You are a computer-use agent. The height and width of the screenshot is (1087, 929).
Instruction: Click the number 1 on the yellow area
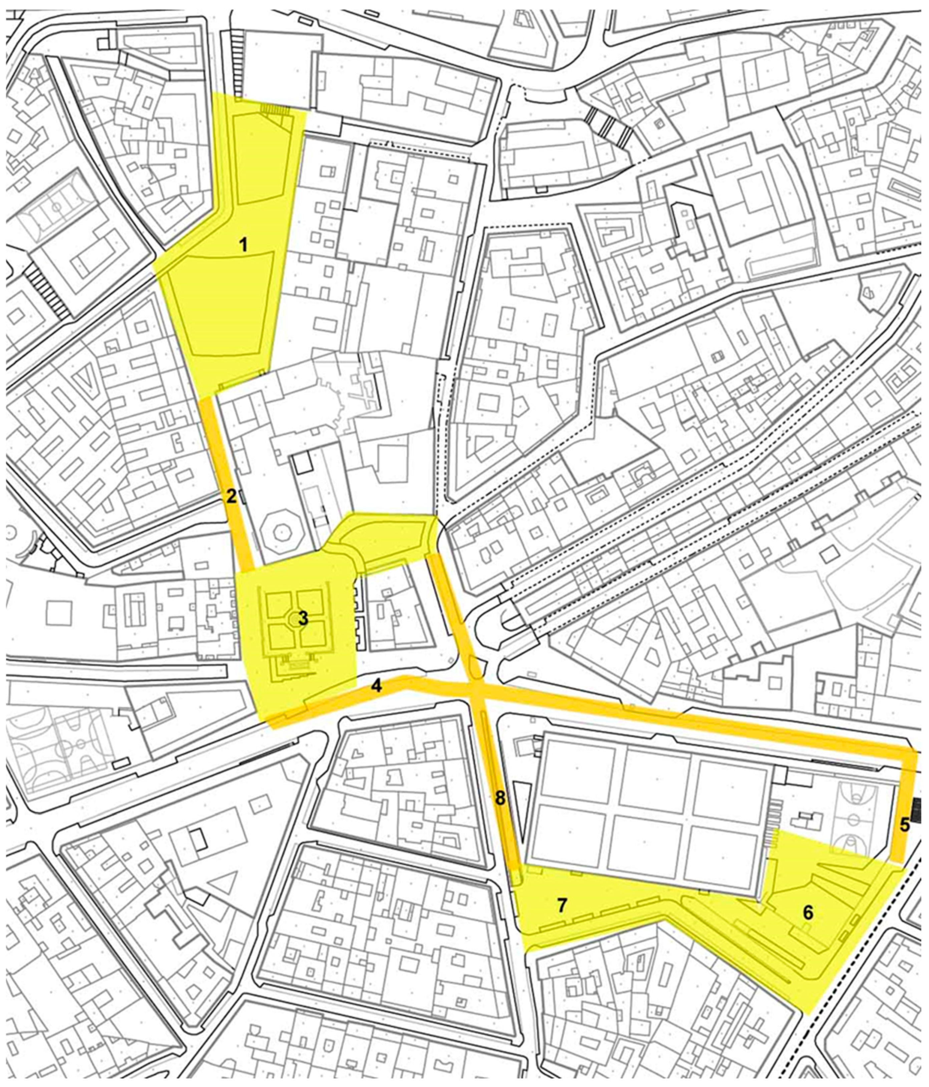click(243, 245)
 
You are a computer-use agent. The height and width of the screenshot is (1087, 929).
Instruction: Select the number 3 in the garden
click(303, 619)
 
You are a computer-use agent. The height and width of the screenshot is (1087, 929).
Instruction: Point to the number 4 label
click(376, 686)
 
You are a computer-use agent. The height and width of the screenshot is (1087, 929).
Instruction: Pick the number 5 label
click(905, 824)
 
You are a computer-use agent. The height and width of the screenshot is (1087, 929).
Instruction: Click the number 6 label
click(807, 912)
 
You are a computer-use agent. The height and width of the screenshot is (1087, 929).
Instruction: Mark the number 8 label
click(500, 798)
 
